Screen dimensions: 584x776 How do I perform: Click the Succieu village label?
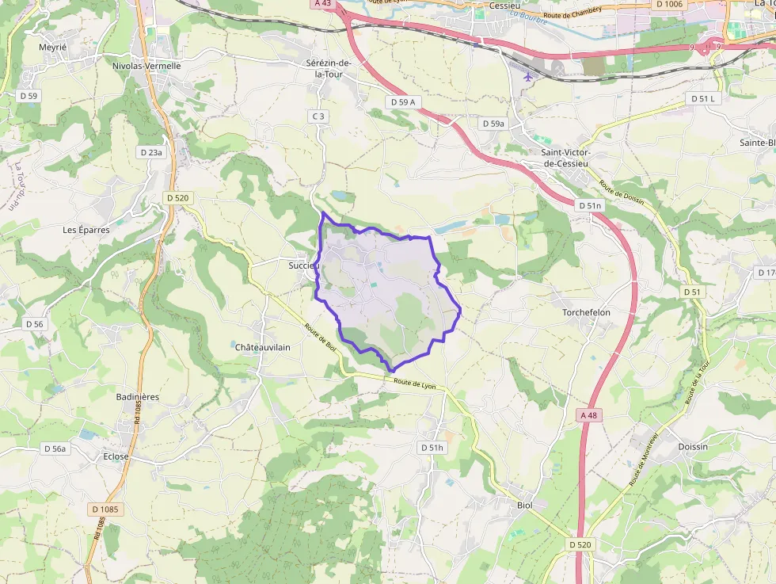[x=302, y=265]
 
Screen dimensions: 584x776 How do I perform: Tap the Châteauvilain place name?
[x=263, y=347]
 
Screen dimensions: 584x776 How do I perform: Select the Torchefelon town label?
[x=586, y=312]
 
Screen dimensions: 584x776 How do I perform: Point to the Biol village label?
[x=524, y=505]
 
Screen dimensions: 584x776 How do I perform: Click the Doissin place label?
[x=693, y=447]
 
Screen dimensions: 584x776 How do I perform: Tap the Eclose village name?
[x=116, y=456]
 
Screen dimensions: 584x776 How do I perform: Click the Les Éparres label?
[x=86, y=230]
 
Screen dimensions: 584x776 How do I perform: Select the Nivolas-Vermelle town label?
[x=146, y=66]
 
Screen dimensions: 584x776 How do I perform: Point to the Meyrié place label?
[x=53, y=48]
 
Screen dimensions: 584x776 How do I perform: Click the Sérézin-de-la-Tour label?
[x=329, y=67]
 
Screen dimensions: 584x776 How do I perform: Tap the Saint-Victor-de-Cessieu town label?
[x=566, y=158]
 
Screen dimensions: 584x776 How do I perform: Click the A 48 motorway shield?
[x=588, y=415]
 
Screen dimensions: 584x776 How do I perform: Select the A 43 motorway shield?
[x=321, y=4]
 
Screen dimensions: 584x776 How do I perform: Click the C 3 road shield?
[x=318, y=116]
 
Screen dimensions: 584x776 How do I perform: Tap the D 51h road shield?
[x=432, y=448]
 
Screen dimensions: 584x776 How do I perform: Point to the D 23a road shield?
[x=150, y=152]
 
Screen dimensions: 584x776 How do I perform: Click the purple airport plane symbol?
[x=529, y=77]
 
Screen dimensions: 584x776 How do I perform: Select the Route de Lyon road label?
[x=415, y=384]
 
